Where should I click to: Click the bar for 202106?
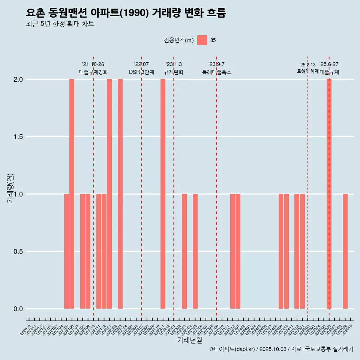[72, 194]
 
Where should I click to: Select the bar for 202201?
[109, 194]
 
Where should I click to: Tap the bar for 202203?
[120, 194]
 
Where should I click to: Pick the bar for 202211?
[163, 194]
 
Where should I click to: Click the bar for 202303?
[184, 251]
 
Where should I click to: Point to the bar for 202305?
[195, 251]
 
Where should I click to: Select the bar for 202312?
[232, 251]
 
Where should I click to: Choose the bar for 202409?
[281, 251]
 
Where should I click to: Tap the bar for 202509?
[345, 251]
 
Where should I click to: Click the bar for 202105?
[66, 251]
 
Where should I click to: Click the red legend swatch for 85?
[202, 40]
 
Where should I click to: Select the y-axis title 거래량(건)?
[10, 188]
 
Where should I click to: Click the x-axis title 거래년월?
[189, 340]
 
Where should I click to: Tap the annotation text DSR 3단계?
[141, 72]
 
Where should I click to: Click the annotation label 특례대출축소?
[216, 72]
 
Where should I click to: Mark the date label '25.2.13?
[307, 64]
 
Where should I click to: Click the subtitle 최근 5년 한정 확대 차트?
[60, 24]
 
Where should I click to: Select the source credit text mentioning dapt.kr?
[281, 349]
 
